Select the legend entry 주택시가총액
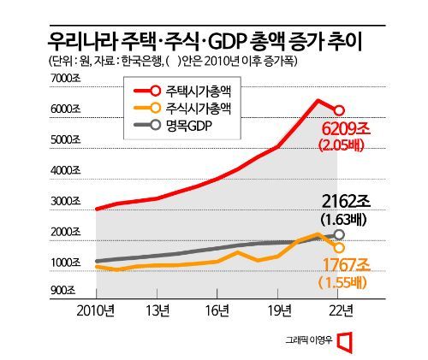tap(199, 91)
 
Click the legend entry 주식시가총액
tap(199, 108)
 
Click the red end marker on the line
tap(340, 110)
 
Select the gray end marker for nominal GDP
tap(340, 234)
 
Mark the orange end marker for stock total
tap(340, 247)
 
